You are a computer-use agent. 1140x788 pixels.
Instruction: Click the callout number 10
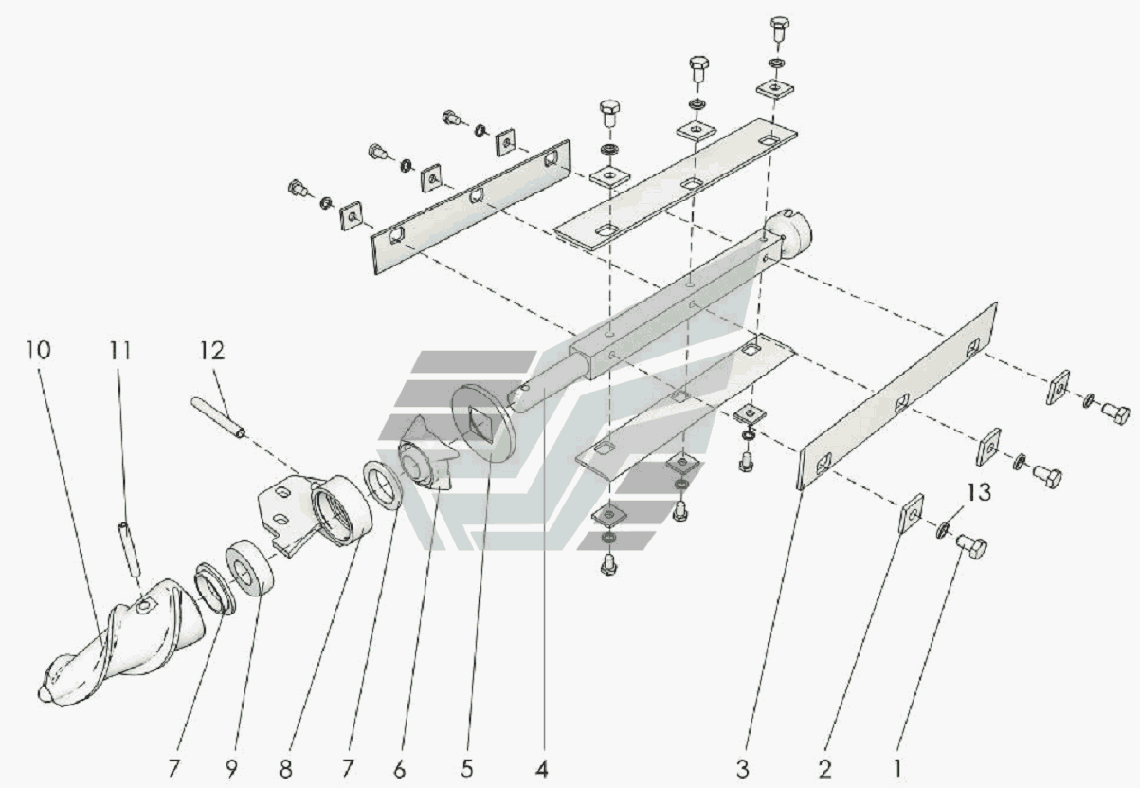click(x=39, y=350)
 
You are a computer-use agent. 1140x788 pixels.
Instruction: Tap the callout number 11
click(x=119, y=351)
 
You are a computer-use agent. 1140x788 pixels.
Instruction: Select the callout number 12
click(x=212, y=351)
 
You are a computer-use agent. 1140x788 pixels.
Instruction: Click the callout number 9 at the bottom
click(x=232, y=769)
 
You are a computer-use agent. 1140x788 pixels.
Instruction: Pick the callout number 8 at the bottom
click(x=285, y=769)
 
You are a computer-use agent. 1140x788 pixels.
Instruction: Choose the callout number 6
click(x=400, y=769)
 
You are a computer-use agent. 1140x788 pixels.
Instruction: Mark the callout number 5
click(x=466, y=769)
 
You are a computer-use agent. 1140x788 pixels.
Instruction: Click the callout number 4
click(x=542, y=769)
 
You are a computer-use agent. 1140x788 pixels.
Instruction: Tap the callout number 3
click(x=743, y=769)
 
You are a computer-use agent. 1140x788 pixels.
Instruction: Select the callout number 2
click(x=824, y=769)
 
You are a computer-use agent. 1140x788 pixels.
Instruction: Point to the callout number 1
click(x=897, y=769)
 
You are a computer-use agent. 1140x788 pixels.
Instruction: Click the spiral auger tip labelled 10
click(x=122, y=647)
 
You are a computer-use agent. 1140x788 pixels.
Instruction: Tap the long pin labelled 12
click(x=218, y=416)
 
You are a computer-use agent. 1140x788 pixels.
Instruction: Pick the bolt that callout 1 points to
click(x=971, y=545)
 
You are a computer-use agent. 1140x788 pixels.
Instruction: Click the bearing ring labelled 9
click(x=250, y=567)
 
